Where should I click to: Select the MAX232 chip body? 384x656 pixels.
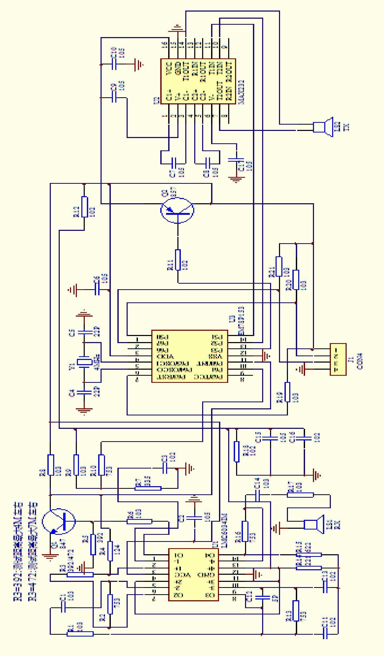[198, 81]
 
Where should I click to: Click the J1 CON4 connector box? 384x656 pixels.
[338, 359]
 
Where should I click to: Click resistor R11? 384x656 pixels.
[178, 260]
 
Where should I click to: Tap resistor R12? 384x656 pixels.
[84, 207]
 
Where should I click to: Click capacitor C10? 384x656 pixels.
[114, 64]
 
